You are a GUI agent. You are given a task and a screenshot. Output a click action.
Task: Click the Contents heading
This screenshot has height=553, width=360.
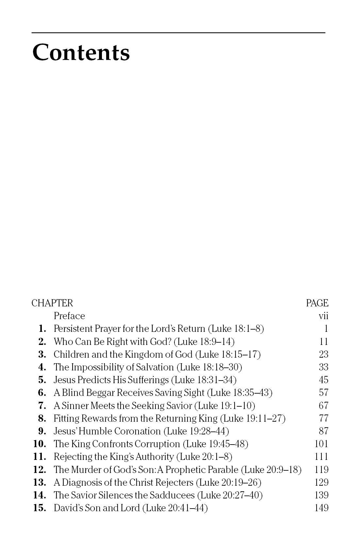coord(81,53)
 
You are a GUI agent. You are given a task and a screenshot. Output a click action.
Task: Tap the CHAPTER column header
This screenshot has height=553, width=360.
coord(52,303)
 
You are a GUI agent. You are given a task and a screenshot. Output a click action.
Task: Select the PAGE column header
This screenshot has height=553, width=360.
coord(317,303)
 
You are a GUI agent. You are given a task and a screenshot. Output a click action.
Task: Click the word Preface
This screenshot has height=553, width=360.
coord(69,316)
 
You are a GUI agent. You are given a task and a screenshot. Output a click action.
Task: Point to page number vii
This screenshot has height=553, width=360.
coord(323,316)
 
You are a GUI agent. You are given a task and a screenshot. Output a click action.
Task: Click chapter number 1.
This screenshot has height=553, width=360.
coord(42,329)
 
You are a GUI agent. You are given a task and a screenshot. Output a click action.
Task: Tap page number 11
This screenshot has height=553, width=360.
coord(323,342)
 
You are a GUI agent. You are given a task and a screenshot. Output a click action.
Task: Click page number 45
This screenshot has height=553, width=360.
coord(323,380)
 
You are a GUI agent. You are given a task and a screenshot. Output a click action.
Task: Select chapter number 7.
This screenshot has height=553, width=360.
coord(42,406)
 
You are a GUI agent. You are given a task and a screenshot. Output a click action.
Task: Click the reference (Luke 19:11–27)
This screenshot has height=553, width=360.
coord(253,418)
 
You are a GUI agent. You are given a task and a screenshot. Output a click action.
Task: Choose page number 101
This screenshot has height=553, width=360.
coord(321,444)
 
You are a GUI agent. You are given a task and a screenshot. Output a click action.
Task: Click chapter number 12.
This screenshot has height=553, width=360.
coord(40,470)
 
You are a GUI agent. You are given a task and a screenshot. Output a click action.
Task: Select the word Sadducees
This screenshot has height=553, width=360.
coord(172,495)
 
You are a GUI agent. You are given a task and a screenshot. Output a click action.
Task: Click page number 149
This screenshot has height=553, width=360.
coord(321,508)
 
